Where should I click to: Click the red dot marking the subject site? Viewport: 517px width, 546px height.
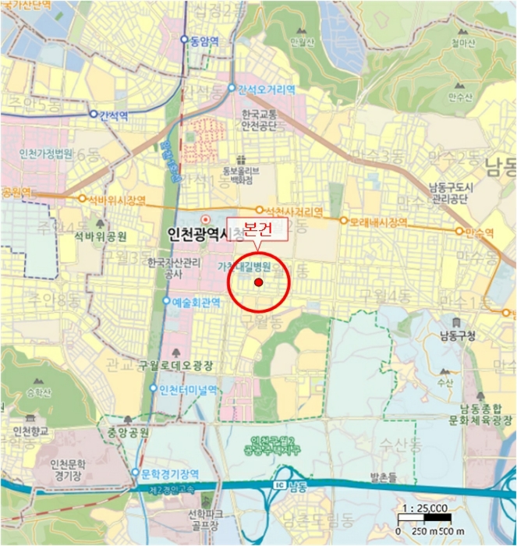259,283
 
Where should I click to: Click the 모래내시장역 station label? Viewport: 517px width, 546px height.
378,221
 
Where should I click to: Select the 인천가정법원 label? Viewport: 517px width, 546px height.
46,152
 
